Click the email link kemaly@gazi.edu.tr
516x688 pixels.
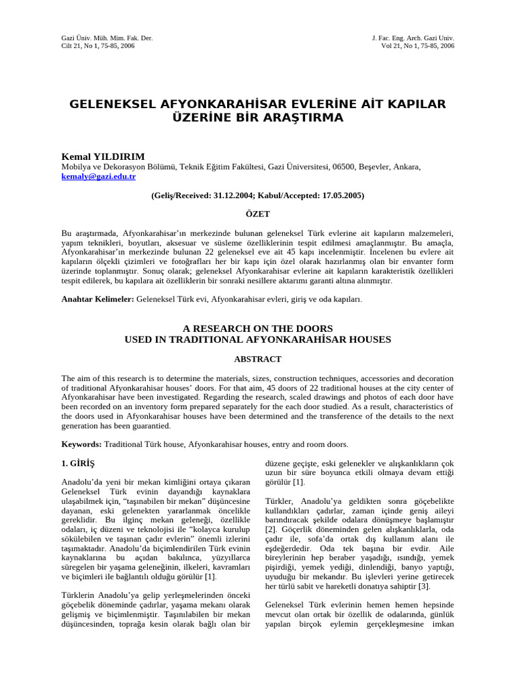[x=99, y=177]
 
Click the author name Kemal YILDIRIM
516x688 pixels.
[x=102, y=157]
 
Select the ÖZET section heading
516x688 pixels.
[x=257, y=214]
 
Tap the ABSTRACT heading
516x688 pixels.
[x=257, y=359]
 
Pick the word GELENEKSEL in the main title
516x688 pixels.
[x=113, y=104]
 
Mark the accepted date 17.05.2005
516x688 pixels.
[x=340, y=196]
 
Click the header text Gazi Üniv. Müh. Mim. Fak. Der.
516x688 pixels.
[x=107, y=38]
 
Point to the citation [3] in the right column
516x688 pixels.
[x=424, y=586]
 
